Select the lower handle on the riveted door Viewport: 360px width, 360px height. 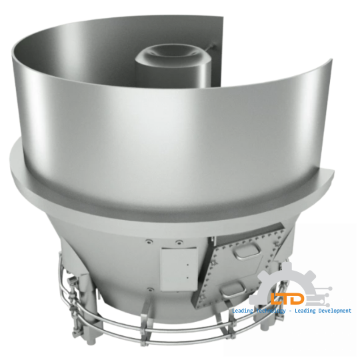(233, 287)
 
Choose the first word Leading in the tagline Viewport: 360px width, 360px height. (241, 311)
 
